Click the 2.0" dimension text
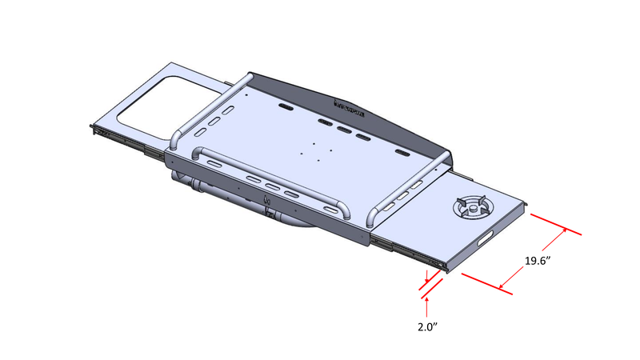pos(429,326)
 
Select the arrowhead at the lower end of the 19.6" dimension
pos(501,286)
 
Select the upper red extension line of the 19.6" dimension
pos(554,225)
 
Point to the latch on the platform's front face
pos(270,214)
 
